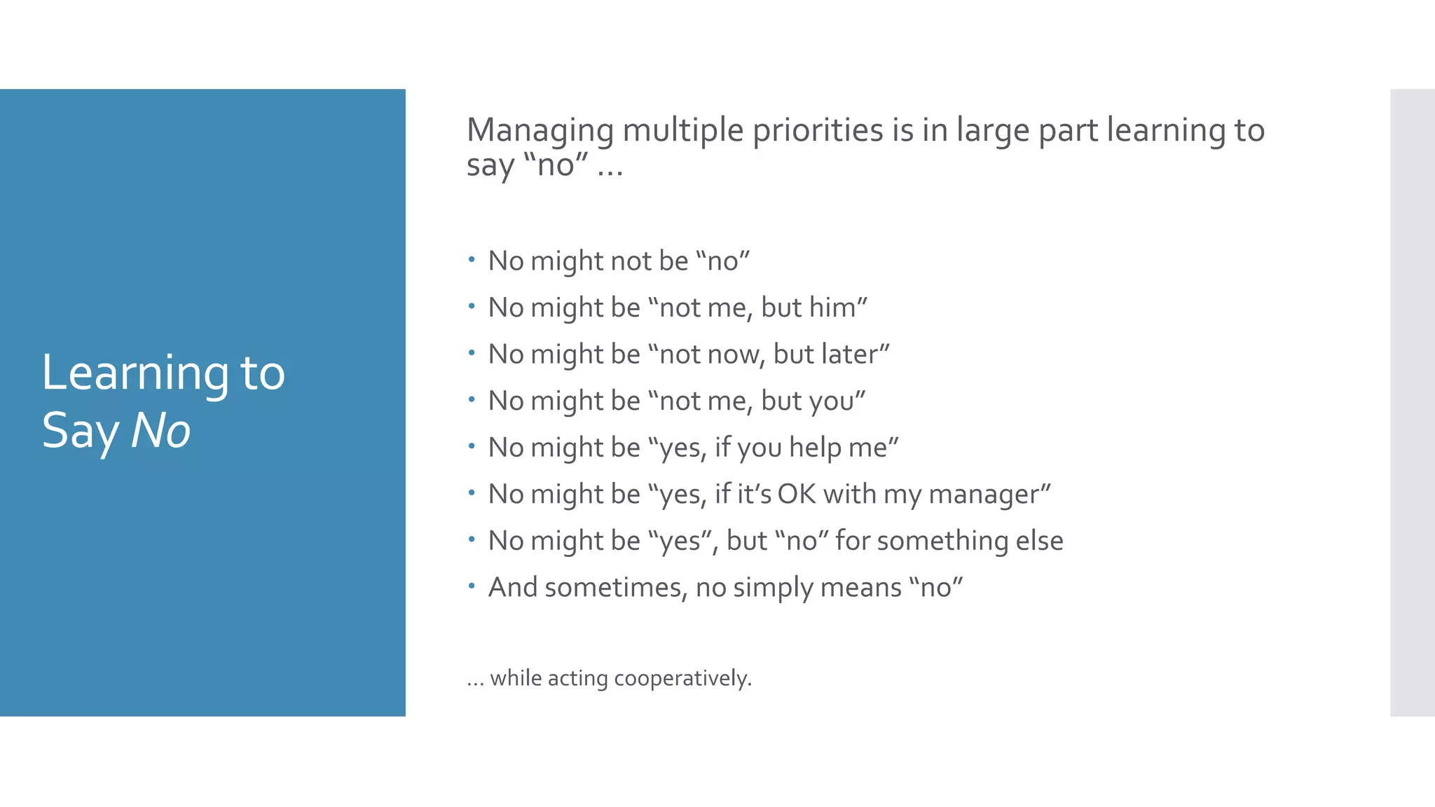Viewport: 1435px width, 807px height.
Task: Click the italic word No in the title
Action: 160,430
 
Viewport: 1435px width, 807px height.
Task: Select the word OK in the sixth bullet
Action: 797,495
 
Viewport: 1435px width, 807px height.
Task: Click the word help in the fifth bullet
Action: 815,448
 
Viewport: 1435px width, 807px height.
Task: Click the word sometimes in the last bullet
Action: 611,588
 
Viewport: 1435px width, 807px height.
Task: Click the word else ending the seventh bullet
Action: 1040,541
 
